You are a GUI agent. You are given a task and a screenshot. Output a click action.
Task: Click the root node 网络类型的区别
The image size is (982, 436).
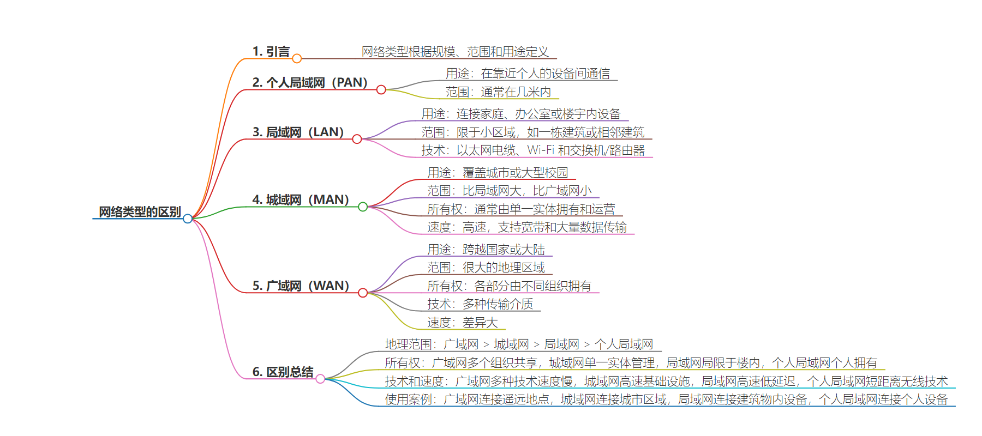click(140, 211)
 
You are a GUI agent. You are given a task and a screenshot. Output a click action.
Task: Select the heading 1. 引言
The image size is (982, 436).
click(271, 52)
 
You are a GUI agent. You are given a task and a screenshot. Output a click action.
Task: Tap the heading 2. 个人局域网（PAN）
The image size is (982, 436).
click(309, 82)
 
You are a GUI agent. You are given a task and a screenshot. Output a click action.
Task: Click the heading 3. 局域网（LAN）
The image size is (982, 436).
click(298, 132)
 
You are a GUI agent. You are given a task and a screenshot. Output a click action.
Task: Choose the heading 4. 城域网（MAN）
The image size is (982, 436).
click(301, 199)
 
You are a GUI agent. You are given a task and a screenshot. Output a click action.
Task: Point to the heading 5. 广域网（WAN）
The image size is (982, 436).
click(301, 286)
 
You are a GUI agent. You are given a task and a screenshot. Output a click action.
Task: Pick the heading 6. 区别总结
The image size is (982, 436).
click(283, 372)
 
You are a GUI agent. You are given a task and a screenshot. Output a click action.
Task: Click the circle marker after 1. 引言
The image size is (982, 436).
click(297, 58)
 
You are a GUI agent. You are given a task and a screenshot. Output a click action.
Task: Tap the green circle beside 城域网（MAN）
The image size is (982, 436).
click(363, 207)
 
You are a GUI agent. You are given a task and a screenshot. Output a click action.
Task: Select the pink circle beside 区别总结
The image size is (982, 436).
click(320, 379)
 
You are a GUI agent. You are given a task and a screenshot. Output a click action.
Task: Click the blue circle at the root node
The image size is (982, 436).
click(188, 219)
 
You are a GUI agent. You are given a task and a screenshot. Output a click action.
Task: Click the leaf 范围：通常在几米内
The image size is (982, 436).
click(498, 92)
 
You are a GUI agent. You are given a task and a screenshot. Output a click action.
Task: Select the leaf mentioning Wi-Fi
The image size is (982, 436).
click(533, 150)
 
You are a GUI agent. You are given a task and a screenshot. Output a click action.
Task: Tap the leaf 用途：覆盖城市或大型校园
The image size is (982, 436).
click(498, 173)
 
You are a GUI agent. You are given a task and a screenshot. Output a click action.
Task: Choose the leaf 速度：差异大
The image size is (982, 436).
click(463, 323)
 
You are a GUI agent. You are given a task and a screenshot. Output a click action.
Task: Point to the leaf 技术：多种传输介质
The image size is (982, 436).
click(480, 304)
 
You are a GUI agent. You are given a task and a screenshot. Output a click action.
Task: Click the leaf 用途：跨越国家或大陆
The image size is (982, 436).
click(486, 250)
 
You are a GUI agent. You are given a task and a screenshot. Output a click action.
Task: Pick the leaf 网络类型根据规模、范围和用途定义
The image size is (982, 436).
click(455, 52)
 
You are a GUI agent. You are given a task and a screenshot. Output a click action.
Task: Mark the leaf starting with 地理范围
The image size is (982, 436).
click(519, 344)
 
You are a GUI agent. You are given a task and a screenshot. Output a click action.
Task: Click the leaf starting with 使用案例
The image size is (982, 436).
click(666, 399)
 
